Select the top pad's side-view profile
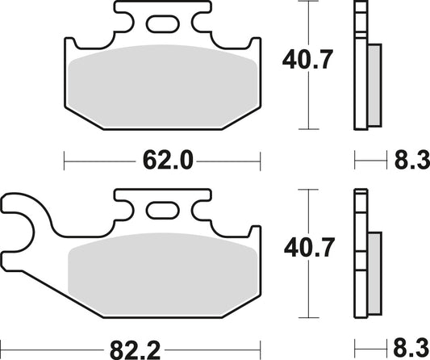(x=361, y=65)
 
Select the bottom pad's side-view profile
(x=361, y=254)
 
